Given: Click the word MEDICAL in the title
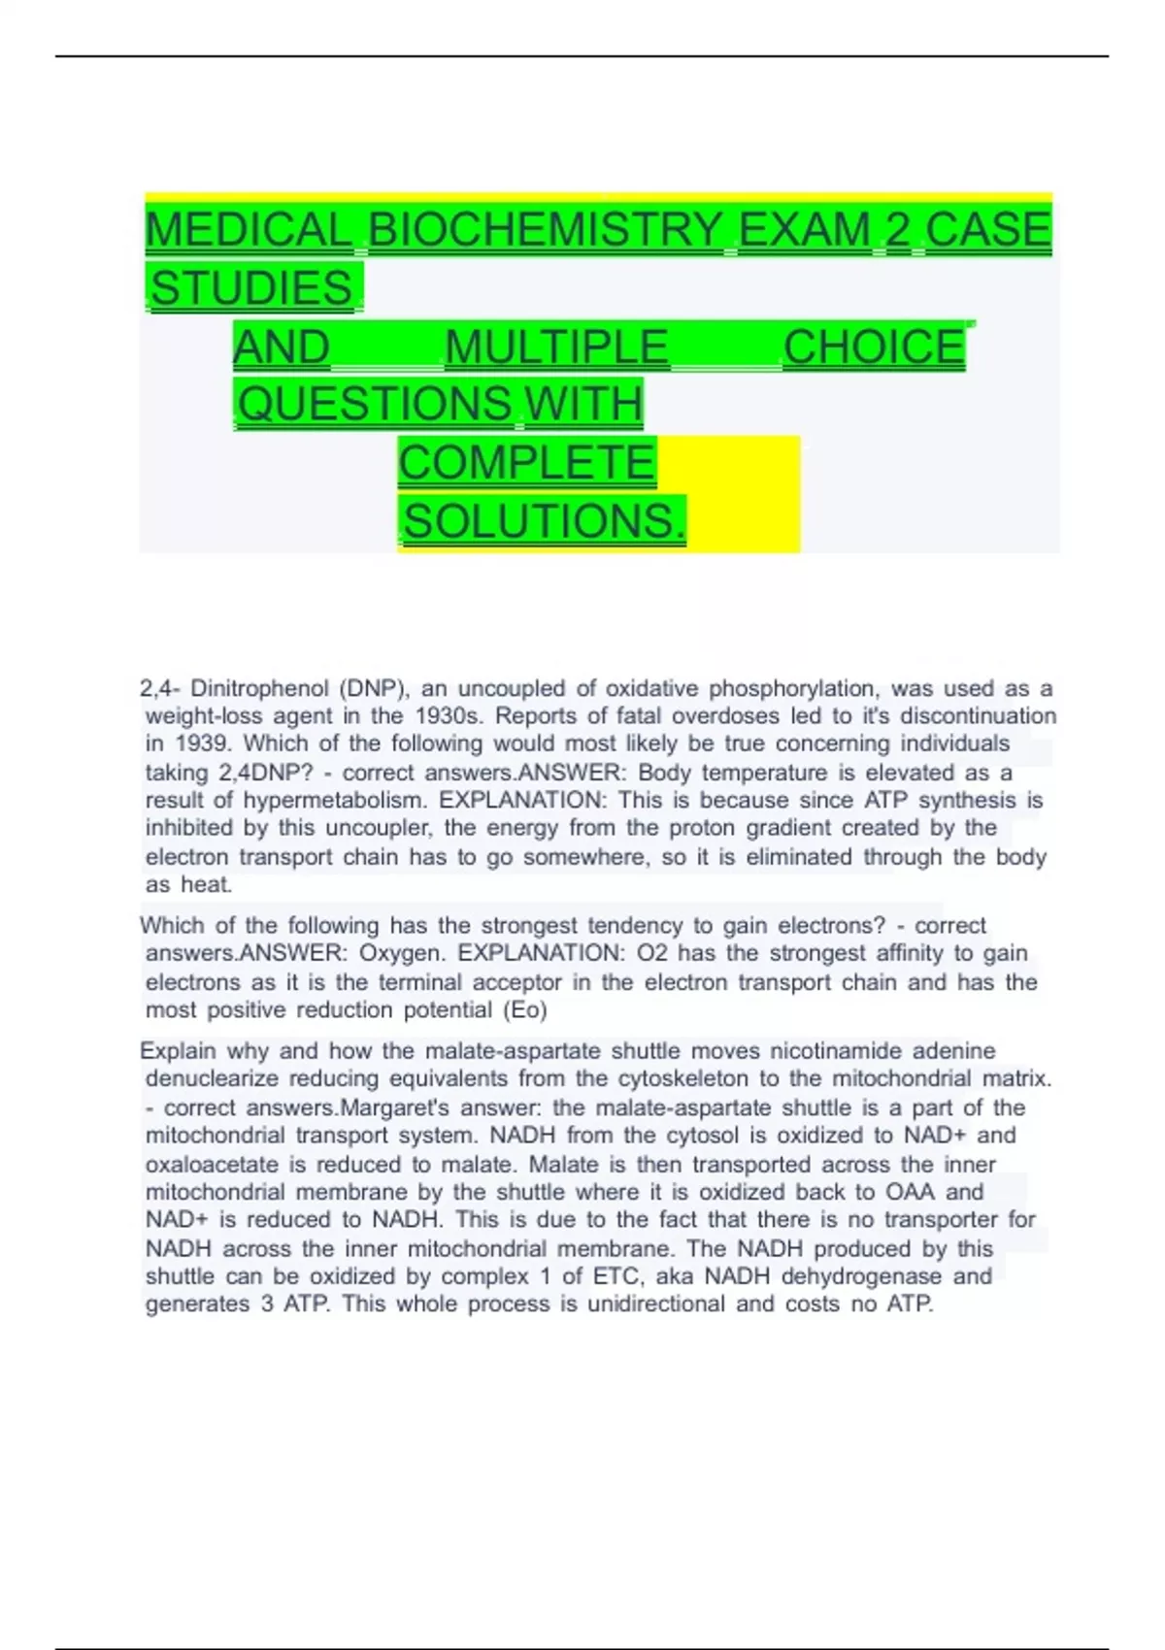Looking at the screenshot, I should click(x=248, y=230).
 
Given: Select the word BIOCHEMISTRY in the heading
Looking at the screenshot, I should click(x=546, y=230).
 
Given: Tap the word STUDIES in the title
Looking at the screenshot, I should click(x=252, y=288).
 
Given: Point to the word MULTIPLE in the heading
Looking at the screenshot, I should click(x=556, y=346).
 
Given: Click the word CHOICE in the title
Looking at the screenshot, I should click(x=873, y=346).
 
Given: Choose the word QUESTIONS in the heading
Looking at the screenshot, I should click(x=375, y=404).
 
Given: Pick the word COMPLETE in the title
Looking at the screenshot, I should click(x=527, y=462).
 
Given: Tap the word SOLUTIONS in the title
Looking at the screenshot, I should click(x=539, y=521).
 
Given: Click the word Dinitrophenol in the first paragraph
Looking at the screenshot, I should click(x=259, y=689).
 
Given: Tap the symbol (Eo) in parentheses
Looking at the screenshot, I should click(x=525, y=1010).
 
